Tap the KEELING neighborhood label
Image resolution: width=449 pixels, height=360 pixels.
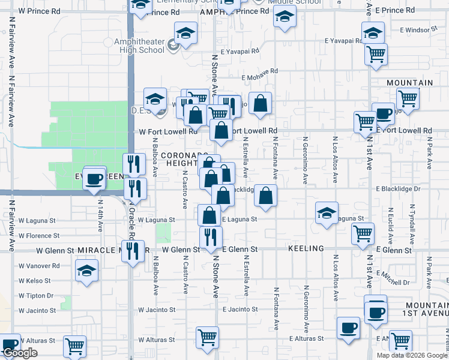[x=306, y=248]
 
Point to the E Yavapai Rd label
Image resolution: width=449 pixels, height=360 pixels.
[x=343, y=41]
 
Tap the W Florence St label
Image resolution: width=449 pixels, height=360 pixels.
[x=38, y=236]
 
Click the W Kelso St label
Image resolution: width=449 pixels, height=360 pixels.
[x=34, y=280]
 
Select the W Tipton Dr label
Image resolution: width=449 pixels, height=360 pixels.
[x=37, y=295]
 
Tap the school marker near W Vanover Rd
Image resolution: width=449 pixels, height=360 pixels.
[x=87, y=271]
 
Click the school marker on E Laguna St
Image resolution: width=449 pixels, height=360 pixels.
[x=327, y=212]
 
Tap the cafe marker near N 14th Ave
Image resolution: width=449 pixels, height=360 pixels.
[x=95, y=178]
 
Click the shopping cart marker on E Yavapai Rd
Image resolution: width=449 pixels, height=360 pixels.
[x=376, y=53]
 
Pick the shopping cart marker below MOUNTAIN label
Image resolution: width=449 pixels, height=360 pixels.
[x=408, y=98]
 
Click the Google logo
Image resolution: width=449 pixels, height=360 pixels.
[x=19, y=353]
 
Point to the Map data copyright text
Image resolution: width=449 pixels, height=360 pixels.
[x=412, y=355]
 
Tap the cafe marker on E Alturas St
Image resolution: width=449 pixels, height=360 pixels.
[x=348, y=328]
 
